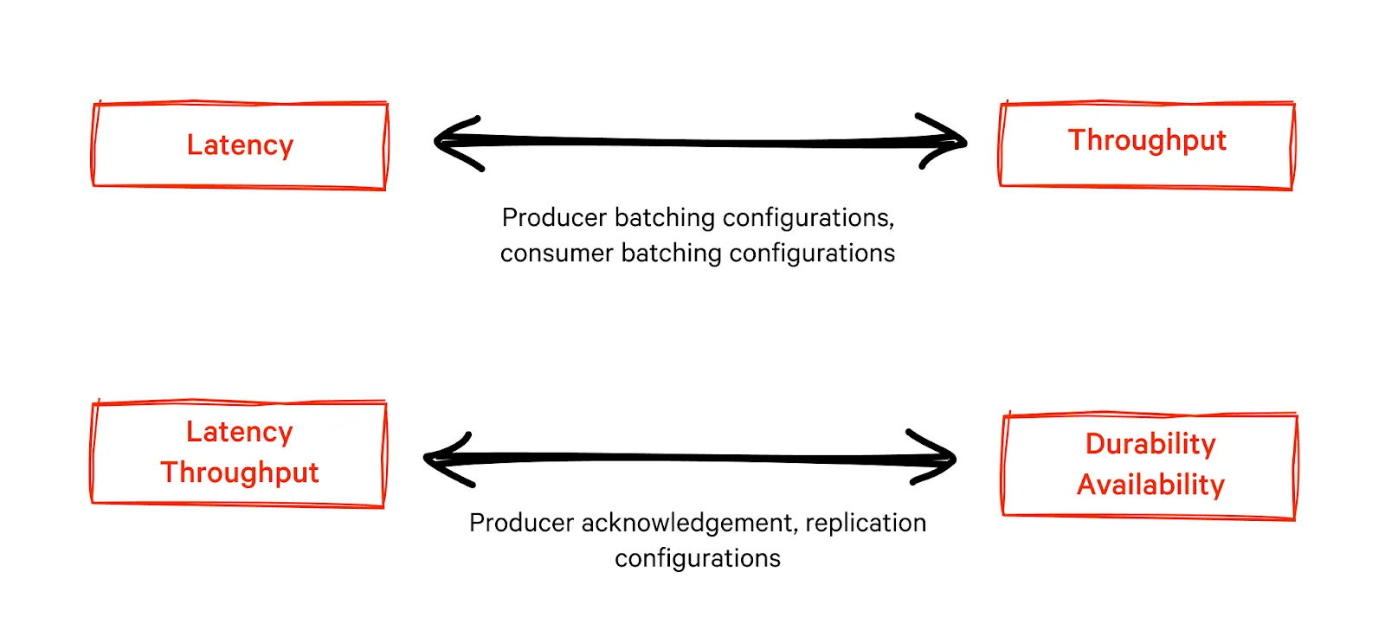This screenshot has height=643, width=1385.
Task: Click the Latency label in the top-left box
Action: (x=240, y=145)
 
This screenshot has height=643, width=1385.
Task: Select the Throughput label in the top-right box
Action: (x=1147, y=140)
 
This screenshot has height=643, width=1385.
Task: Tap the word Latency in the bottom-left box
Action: (x=240, y=431)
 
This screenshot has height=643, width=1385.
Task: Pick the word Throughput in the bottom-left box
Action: (x=240, y=473)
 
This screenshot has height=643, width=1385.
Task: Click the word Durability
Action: (x=1150, y=443)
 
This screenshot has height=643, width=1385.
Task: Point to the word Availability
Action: (x=1150, y=485)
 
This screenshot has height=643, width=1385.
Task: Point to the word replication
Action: (x=866, y=523)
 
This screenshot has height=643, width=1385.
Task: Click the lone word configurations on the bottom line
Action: (x=698, y=558)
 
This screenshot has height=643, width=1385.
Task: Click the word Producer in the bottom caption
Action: (x=521, y=523)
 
